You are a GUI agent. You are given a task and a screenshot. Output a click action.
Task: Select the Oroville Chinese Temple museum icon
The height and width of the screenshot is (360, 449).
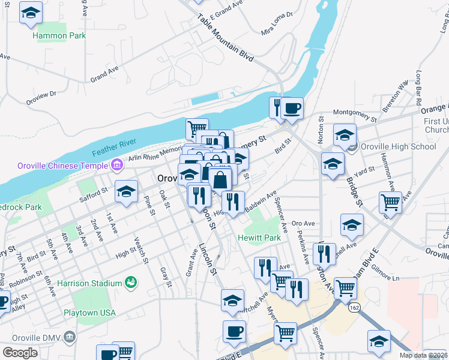tap(116, 164)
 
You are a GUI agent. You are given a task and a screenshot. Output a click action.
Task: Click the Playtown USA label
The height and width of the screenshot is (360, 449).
tap(89, 313)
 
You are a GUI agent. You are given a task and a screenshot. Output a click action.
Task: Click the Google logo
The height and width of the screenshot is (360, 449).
tap(20, 353)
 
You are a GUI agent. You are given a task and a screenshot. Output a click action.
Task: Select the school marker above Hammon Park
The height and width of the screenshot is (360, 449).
tap(31, 13)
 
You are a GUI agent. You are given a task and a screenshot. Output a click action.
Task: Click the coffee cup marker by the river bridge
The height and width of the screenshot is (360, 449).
tap(292, 108)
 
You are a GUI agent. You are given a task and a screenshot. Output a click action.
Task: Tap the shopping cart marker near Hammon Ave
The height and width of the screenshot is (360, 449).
tap(390, 202)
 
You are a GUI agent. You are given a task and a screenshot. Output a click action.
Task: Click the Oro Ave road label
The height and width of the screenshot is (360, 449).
tap(303, 224)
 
